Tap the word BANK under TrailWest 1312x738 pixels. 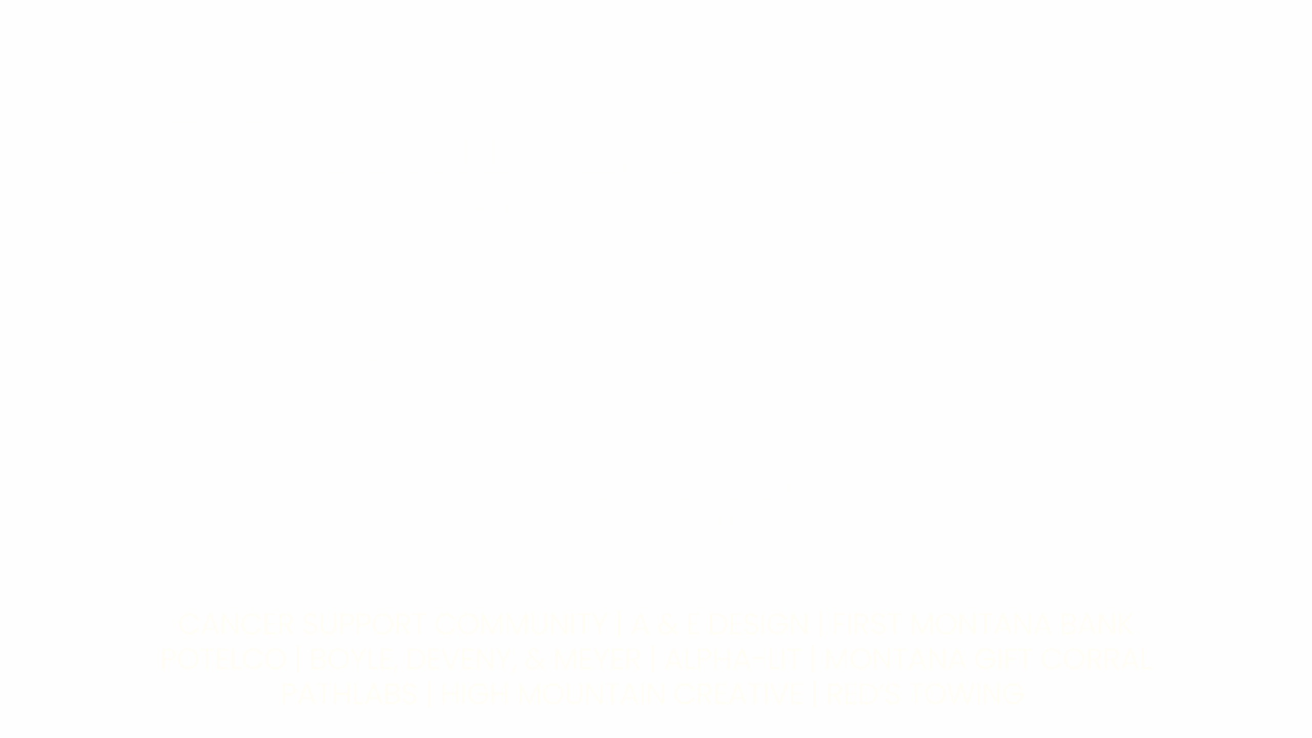pyautogui.click(x=504, y=205)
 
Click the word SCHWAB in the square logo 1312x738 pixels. pyautogui.click(x=915, y=190)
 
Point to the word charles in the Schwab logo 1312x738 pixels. pyautogui.click(x=915, y=134)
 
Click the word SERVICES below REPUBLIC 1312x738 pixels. pyautogui.click(x=428, y=389)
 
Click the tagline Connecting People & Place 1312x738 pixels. pyautogui.click(x=892, y=417)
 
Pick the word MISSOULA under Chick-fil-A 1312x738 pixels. pyautogui.click(x=156, y=558)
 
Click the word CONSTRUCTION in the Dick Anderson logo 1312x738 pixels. pyautogui.click(x=703, y=518)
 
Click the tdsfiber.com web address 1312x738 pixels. pyautogui.click(x=1156, y=544)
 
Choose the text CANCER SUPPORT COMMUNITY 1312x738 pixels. pyautogui.click(x=392, y=624)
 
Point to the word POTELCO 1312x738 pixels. pyautogui.click(x=224, y=659)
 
